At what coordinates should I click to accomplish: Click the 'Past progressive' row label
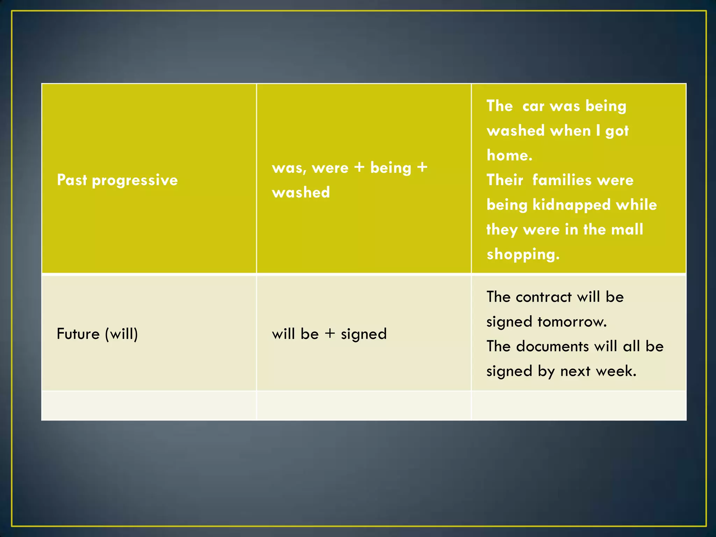117,180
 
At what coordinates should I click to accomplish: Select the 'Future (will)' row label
97,334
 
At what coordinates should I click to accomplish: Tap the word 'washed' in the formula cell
301,192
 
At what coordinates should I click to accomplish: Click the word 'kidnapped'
571,205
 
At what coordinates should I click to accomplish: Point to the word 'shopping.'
523,255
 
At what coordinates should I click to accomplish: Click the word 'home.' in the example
509,155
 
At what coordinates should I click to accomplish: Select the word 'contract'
544,297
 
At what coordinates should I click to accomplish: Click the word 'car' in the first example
533,106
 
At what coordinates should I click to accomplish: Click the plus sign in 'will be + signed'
330,334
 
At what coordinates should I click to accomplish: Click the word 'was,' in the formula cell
289,168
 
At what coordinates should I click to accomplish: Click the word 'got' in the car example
617,131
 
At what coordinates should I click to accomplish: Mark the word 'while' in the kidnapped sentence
636,205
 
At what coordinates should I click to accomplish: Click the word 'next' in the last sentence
575,371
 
